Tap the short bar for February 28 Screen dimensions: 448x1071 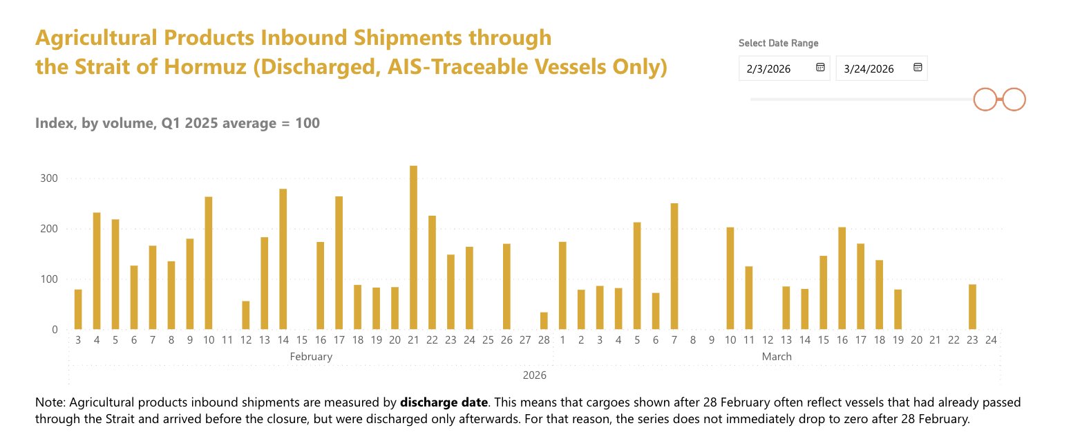tap(544, 321)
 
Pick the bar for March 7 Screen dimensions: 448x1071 tap(674, 266)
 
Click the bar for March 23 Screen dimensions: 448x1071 tap(972, 307)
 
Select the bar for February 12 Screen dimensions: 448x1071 tap(246, 315)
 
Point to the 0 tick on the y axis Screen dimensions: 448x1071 tap(55, 330)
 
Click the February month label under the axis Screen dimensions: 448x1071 tap(311, 357)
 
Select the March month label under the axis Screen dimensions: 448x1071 tap(777, 357)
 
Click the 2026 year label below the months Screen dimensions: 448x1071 tap(534, 375)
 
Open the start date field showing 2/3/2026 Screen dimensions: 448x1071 tap(775, 68)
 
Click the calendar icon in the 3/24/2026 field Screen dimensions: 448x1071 tap(918, 68)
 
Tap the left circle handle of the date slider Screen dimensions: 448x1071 tap(986, 100)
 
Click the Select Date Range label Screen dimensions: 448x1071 tap(778, 43)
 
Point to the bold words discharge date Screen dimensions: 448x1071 tap(444, 402)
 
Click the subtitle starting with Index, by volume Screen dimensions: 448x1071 tap(177, 124)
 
